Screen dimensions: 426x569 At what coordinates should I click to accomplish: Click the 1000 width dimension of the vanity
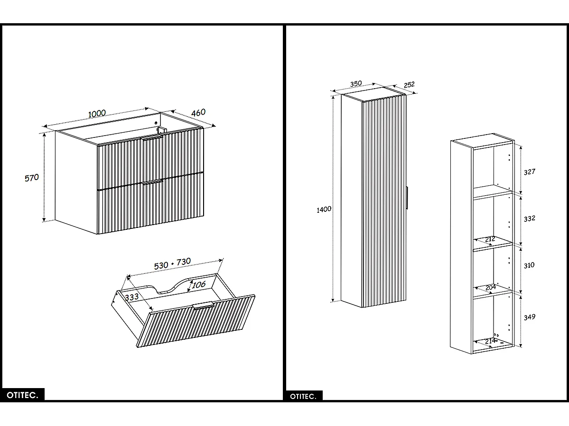pyautogui.click(x=97, y=113)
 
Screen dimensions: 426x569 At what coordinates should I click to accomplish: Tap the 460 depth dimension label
pyautogui.click(x=198, y=112)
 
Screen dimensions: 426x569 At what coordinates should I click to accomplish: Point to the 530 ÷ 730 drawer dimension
pyautogui.click(x=173, y=264)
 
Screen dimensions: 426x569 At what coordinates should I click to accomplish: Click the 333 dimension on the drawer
pyautogui.click(x=131, y=297)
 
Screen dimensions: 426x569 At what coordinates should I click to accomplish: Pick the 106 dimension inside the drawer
pyautogui.click(x=198, y=285)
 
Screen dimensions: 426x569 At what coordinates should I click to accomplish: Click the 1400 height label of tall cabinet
pyautogui.click(x=324, y=209)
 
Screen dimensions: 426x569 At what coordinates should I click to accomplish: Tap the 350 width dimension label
pyautogui.click(x=356, y=84)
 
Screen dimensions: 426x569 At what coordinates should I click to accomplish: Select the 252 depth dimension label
pyautogui.click(x=409, y=84)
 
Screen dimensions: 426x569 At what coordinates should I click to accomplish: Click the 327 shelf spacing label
pyautogui.click(x=529, y=172)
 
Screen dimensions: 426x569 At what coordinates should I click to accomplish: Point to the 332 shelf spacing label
pyautogui.click(x=529, y=218)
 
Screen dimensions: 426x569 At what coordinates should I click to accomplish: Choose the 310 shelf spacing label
pyautogui.click(x=529, y=265)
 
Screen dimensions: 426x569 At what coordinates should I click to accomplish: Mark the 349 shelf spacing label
pyautogui.click(x=529, y=317)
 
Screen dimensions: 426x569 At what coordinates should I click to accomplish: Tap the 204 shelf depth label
pyautogui.click(x=490, y=287)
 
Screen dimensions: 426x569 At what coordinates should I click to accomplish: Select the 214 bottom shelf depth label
pyautogui.click(x=490, y=341)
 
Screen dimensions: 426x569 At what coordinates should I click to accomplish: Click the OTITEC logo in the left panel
pyautogui.click(x=22, y=394)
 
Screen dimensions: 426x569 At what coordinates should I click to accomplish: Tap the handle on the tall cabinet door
pyautogui.click(x=407, y=197)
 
